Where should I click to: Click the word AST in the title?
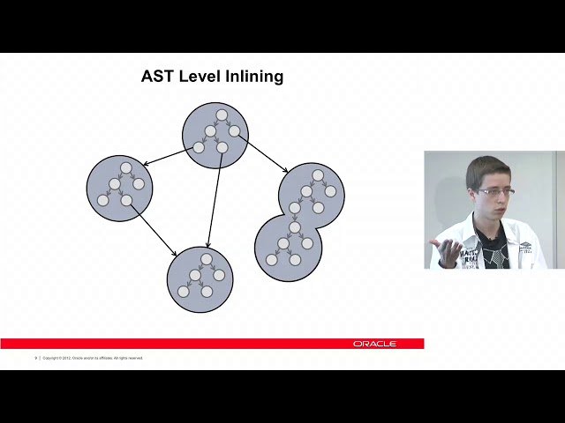[157, 77]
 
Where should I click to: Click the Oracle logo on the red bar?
[374, 344]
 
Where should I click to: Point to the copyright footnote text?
[93, 358]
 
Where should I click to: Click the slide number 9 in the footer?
[35, 358]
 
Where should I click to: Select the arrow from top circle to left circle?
[168, 157]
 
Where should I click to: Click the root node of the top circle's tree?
[222, 115]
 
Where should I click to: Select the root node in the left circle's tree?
[126, 167]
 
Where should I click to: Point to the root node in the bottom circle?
[206, 258]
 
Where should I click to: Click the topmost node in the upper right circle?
[318, 175]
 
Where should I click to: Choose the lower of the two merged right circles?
[287, 247]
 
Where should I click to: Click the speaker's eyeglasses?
[495, 191]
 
